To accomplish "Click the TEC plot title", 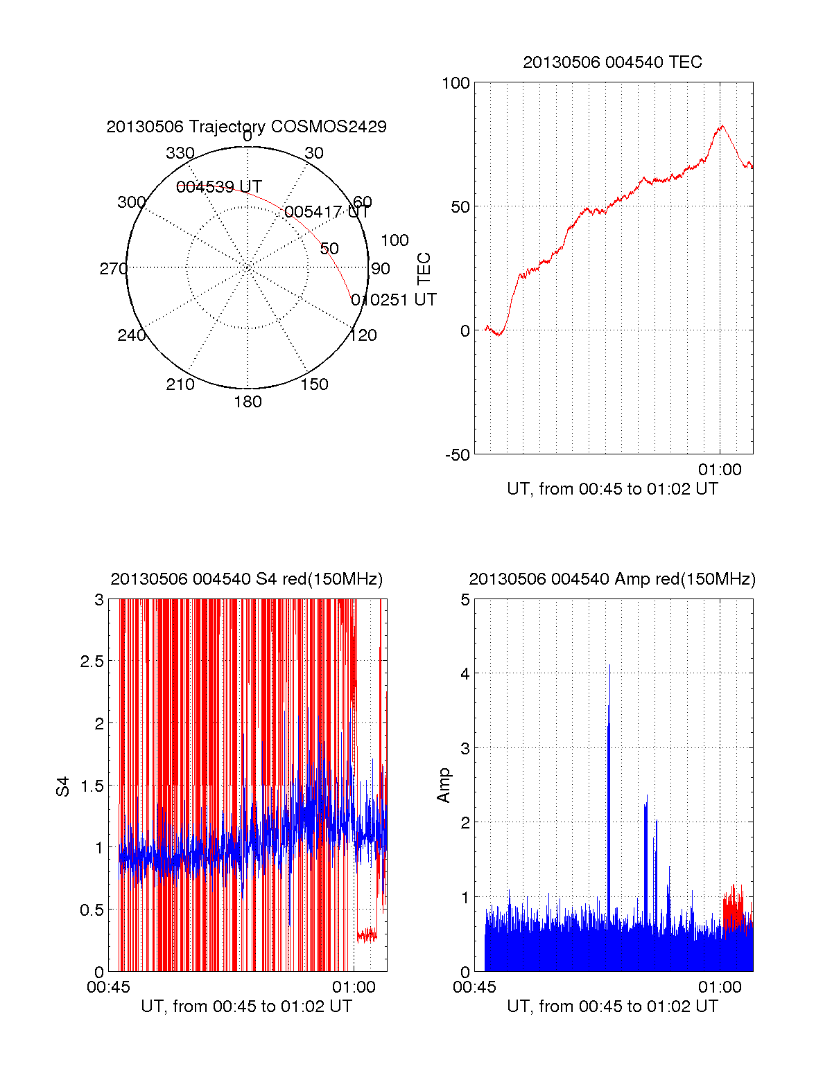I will point(612,62).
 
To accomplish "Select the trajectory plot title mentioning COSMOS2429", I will point(246,127).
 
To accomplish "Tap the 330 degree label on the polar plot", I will point(180,153).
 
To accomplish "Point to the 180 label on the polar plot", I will point(248,402).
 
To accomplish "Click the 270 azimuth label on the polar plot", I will point(113,269).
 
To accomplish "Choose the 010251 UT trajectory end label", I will point(393,300).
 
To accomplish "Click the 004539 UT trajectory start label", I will point(218,187).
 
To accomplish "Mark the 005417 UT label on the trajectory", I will point(327,212).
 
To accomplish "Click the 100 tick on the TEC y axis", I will point(456,83).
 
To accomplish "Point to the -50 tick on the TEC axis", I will point(457,455).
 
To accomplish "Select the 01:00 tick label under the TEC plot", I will point(720,470).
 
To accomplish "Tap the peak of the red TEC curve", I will point(722,126).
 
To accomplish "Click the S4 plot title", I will point(246,579).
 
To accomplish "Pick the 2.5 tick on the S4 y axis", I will point(92,662).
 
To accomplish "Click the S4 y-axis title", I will point(63,786).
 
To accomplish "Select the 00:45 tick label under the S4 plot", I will point(108,987).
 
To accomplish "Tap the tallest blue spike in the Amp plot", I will point(609,666).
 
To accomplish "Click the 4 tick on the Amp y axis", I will point(465,673).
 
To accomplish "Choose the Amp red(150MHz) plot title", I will point(612,579).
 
